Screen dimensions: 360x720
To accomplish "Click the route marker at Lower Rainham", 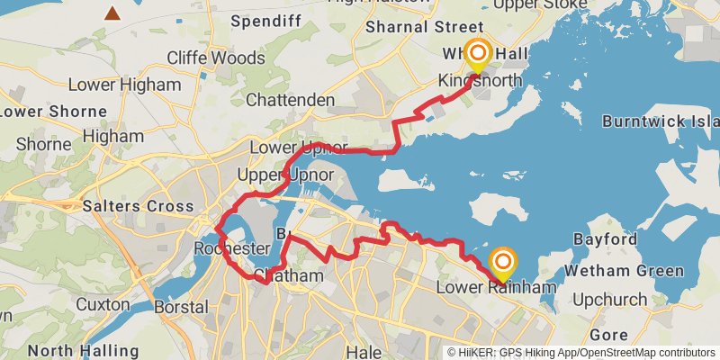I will click(502, 265).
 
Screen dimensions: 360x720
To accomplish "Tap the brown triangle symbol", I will click(112, 13).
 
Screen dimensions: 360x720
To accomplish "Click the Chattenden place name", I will click(289, 100).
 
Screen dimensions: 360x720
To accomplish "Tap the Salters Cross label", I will click(138, 206).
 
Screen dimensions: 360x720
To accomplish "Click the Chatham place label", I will click(288, 276).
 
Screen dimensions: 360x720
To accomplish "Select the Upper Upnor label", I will click(284, 174).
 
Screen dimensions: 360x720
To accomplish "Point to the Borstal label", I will click(184, 308).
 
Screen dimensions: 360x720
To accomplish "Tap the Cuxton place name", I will click(103, 305).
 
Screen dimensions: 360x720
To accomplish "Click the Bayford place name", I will click(607, 240).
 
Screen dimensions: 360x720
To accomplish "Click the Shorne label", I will click(43, 144).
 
